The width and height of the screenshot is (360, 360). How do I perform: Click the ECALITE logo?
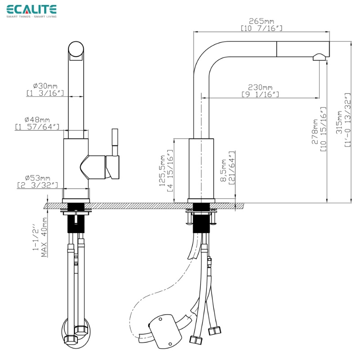click(x=31, y=10)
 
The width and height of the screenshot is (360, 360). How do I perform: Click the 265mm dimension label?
click(x=261, y=21)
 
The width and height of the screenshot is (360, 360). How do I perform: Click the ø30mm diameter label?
click(x=45, y=85)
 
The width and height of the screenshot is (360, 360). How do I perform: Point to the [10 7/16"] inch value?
click(x=261, y=28)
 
